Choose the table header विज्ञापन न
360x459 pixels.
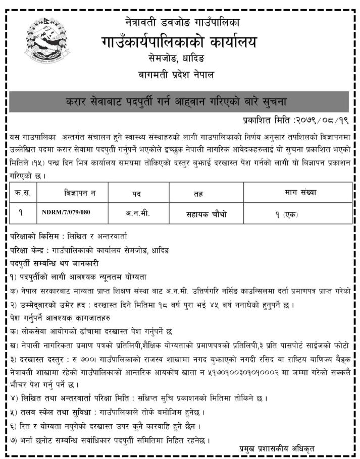click(80, 192)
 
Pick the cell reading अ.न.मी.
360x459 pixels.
click(137, 213)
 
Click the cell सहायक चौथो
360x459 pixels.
click(207, 214)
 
